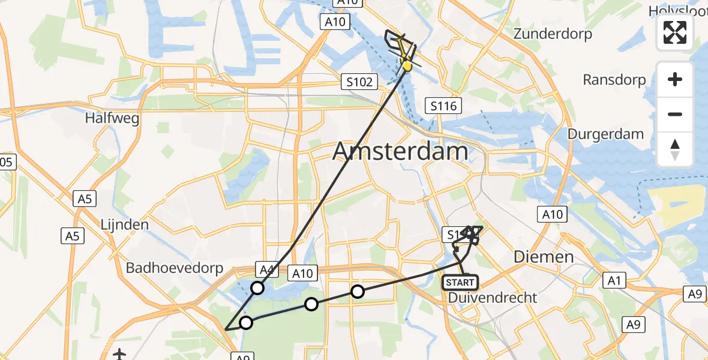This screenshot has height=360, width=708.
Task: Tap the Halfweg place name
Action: pyautogui.click(x=112, y=118)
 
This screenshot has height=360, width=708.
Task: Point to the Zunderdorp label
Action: pyautogui.click(x=553, y=34)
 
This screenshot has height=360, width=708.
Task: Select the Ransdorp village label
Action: pyautogui.click(x=614, y=80)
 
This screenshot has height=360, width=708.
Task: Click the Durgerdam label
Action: pyautogui.click(x=605, y=134)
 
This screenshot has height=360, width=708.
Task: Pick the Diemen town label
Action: pyautogui.click(x=544, y=257)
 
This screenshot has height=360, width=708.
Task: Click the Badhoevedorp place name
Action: pyautogui.click(x=175, y=268)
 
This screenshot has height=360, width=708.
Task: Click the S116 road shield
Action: pyautogui.click(x=443, y=107)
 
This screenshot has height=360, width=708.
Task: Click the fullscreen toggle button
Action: pyautogui.click(x=675, y=32)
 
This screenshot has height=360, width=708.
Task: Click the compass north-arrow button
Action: pyautogui.click(x=675, y=149)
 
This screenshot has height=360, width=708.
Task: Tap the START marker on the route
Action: pyautogui.click(x=460, y=282)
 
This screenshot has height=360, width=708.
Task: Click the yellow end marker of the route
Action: pyautogui.click(x=407, y=65)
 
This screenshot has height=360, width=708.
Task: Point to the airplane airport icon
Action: pyautogui.click(x=119, y=354)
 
